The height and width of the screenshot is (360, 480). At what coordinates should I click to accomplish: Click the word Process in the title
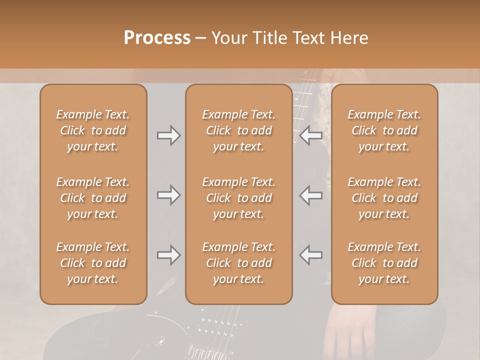coord(157,38)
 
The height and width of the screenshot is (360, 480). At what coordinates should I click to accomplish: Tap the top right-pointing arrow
coord(168,135)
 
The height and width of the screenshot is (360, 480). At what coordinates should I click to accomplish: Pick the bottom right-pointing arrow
coord(168,255)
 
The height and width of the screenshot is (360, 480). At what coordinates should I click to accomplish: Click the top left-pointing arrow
coord(310,135)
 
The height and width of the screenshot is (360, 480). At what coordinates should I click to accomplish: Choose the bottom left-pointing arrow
coord(310,255)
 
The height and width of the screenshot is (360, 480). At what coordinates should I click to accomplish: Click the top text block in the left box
coord(93,130)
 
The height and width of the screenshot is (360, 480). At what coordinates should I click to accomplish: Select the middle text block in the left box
coord(93,198)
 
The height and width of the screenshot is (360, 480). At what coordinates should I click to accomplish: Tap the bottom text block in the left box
coord(93,263)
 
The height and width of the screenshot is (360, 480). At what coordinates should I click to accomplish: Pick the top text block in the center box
coord(238,130)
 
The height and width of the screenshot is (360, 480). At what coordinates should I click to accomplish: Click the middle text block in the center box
coord(238,198)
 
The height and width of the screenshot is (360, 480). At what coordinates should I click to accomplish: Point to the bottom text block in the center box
coord(238,263)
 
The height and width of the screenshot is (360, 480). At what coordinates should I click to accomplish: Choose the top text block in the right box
coord(384,130)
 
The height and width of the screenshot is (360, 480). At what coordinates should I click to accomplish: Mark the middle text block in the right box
coord(384,198)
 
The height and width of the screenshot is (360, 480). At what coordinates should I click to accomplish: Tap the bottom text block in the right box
coord(384,263)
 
